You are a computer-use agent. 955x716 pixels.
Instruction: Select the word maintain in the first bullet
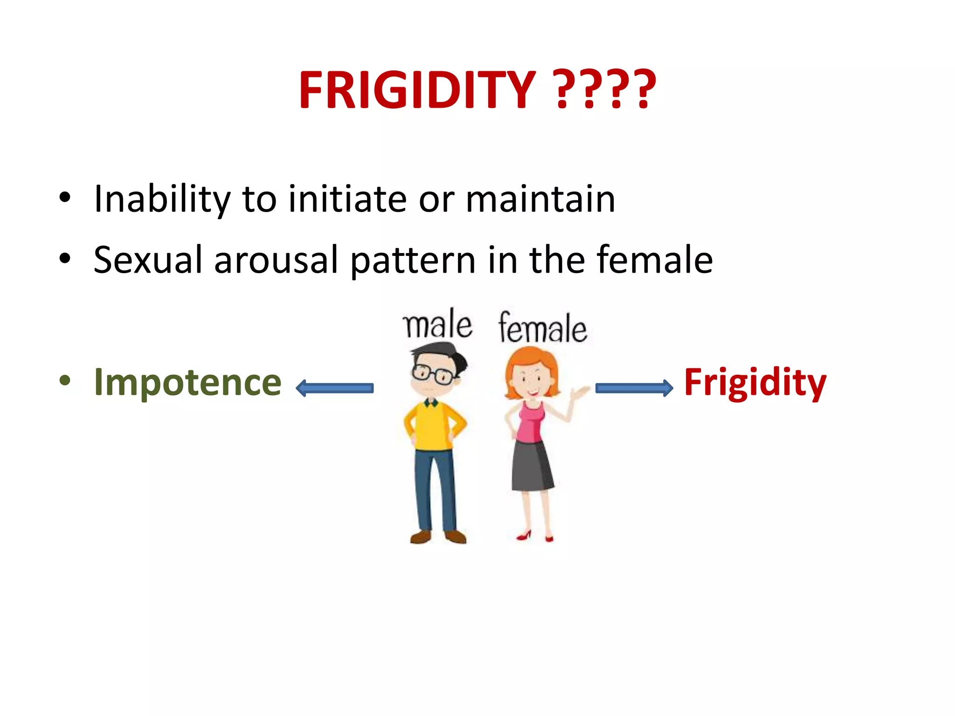click(540, 200)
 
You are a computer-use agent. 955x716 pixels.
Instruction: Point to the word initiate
click(347, 200)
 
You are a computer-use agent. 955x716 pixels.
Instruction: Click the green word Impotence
click(187, 382)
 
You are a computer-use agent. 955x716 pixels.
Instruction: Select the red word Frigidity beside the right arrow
click(754, 382)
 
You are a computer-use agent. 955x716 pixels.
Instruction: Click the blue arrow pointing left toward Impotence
click(335, 388)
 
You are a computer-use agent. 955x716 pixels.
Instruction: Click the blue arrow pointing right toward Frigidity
click(634, 388)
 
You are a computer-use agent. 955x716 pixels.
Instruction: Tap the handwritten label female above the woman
click(542, 328)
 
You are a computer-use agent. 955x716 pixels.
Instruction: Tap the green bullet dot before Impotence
click(65, 381)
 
